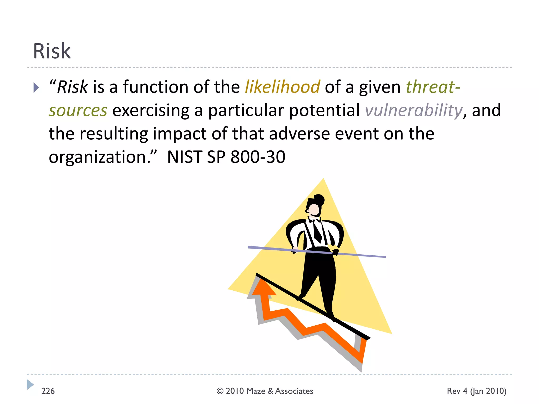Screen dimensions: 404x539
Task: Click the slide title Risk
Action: [52, 51]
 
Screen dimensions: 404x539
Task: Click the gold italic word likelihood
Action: [282, 87]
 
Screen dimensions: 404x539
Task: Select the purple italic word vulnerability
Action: [413, 110]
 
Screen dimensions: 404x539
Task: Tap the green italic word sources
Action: [78, 111]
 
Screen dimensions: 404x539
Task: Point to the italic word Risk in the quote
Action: [72, 87]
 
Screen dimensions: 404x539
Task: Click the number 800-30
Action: [258, 157]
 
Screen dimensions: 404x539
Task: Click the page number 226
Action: [48, 391]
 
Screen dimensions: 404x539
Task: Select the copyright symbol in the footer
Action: [220, 391]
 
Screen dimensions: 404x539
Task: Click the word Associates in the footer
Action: [294, 391]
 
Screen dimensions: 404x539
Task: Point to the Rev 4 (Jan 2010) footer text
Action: [476, 391]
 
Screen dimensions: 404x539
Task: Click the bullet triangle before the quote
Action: [36, 88]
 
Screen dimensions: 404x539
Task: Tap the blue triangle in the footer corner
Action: [30, 385]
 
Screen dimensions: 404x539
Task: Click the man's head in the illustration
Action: [314, 208]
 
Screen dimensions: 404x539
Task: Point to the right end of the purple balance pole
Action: [385, 257]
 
